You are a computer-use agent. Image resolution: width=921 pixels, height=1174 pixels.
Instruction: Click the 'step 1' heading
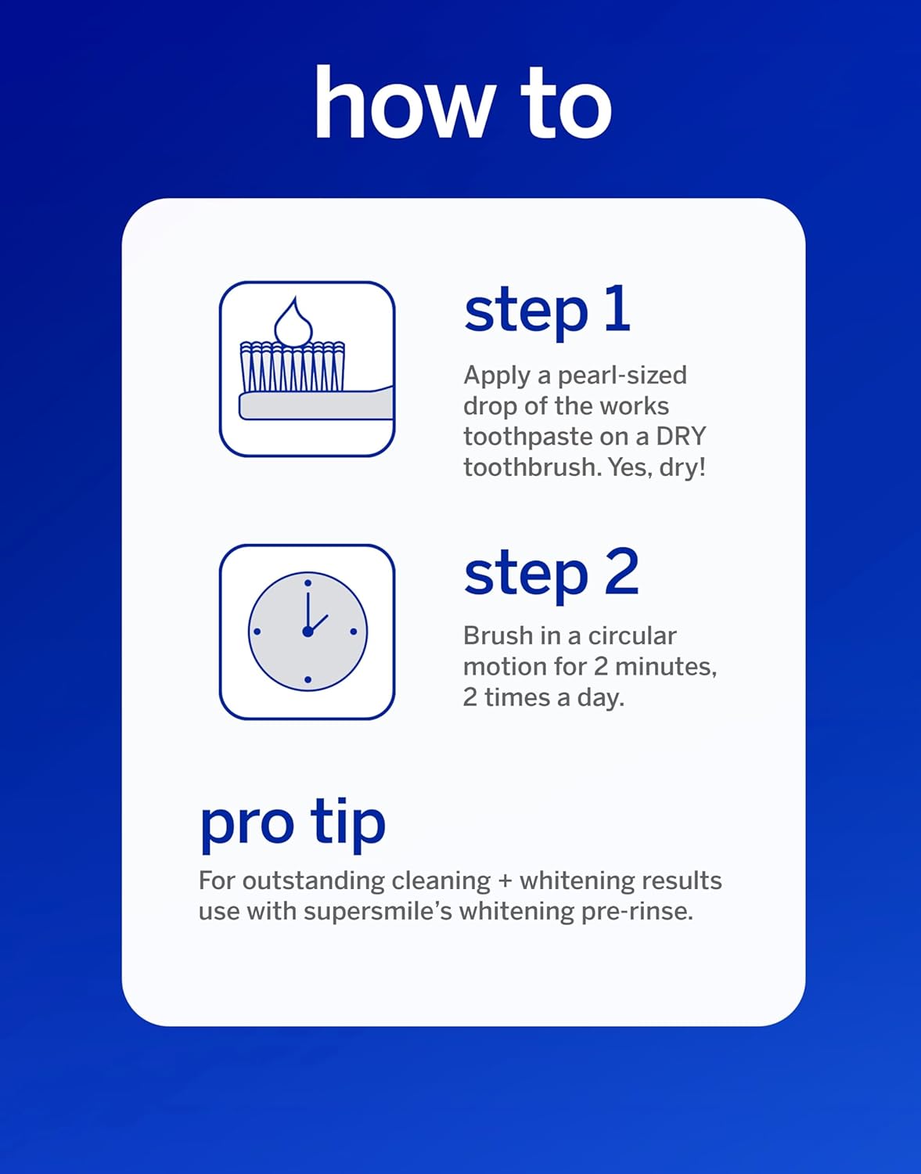[x=547, y=311]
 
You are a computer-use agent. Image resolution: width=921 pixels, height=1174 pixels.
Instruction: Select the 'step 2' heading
[x=551, y=574]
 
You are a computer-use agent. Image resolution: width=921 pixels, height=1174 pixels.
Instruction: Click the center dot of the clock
[x=308, y=631]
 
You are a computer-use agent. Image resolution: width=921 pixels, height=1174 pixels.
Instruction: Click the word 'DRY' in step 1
[x=681, y=436]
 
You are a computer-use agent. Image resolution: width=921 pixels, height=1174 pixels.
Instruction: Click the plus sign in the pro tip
[x=505, y=880]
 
